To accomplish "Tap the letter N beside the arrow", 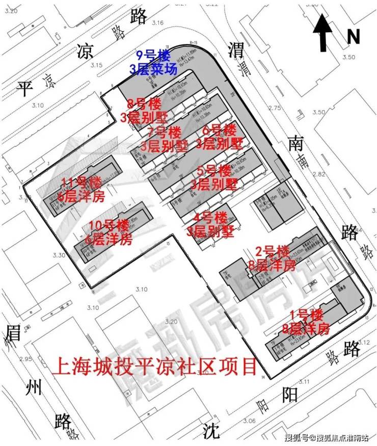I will [x=353, y=37].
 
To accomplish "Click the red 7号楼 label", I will [x=164, y=132].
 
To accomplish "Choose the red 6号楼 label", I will [x=220, y=130].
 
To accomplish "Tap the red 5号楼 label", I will [x=214, y=170].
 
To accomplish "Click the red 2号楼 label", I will [x=272, y=251].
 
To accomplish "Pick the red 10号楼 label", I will [x=109, y=225].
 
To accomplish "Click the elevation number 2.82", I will [x=318, y=174].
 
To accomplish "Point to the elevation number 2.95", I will [x=25, y=359].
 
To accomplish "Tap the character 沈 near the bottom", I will [x=210, y=431].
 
